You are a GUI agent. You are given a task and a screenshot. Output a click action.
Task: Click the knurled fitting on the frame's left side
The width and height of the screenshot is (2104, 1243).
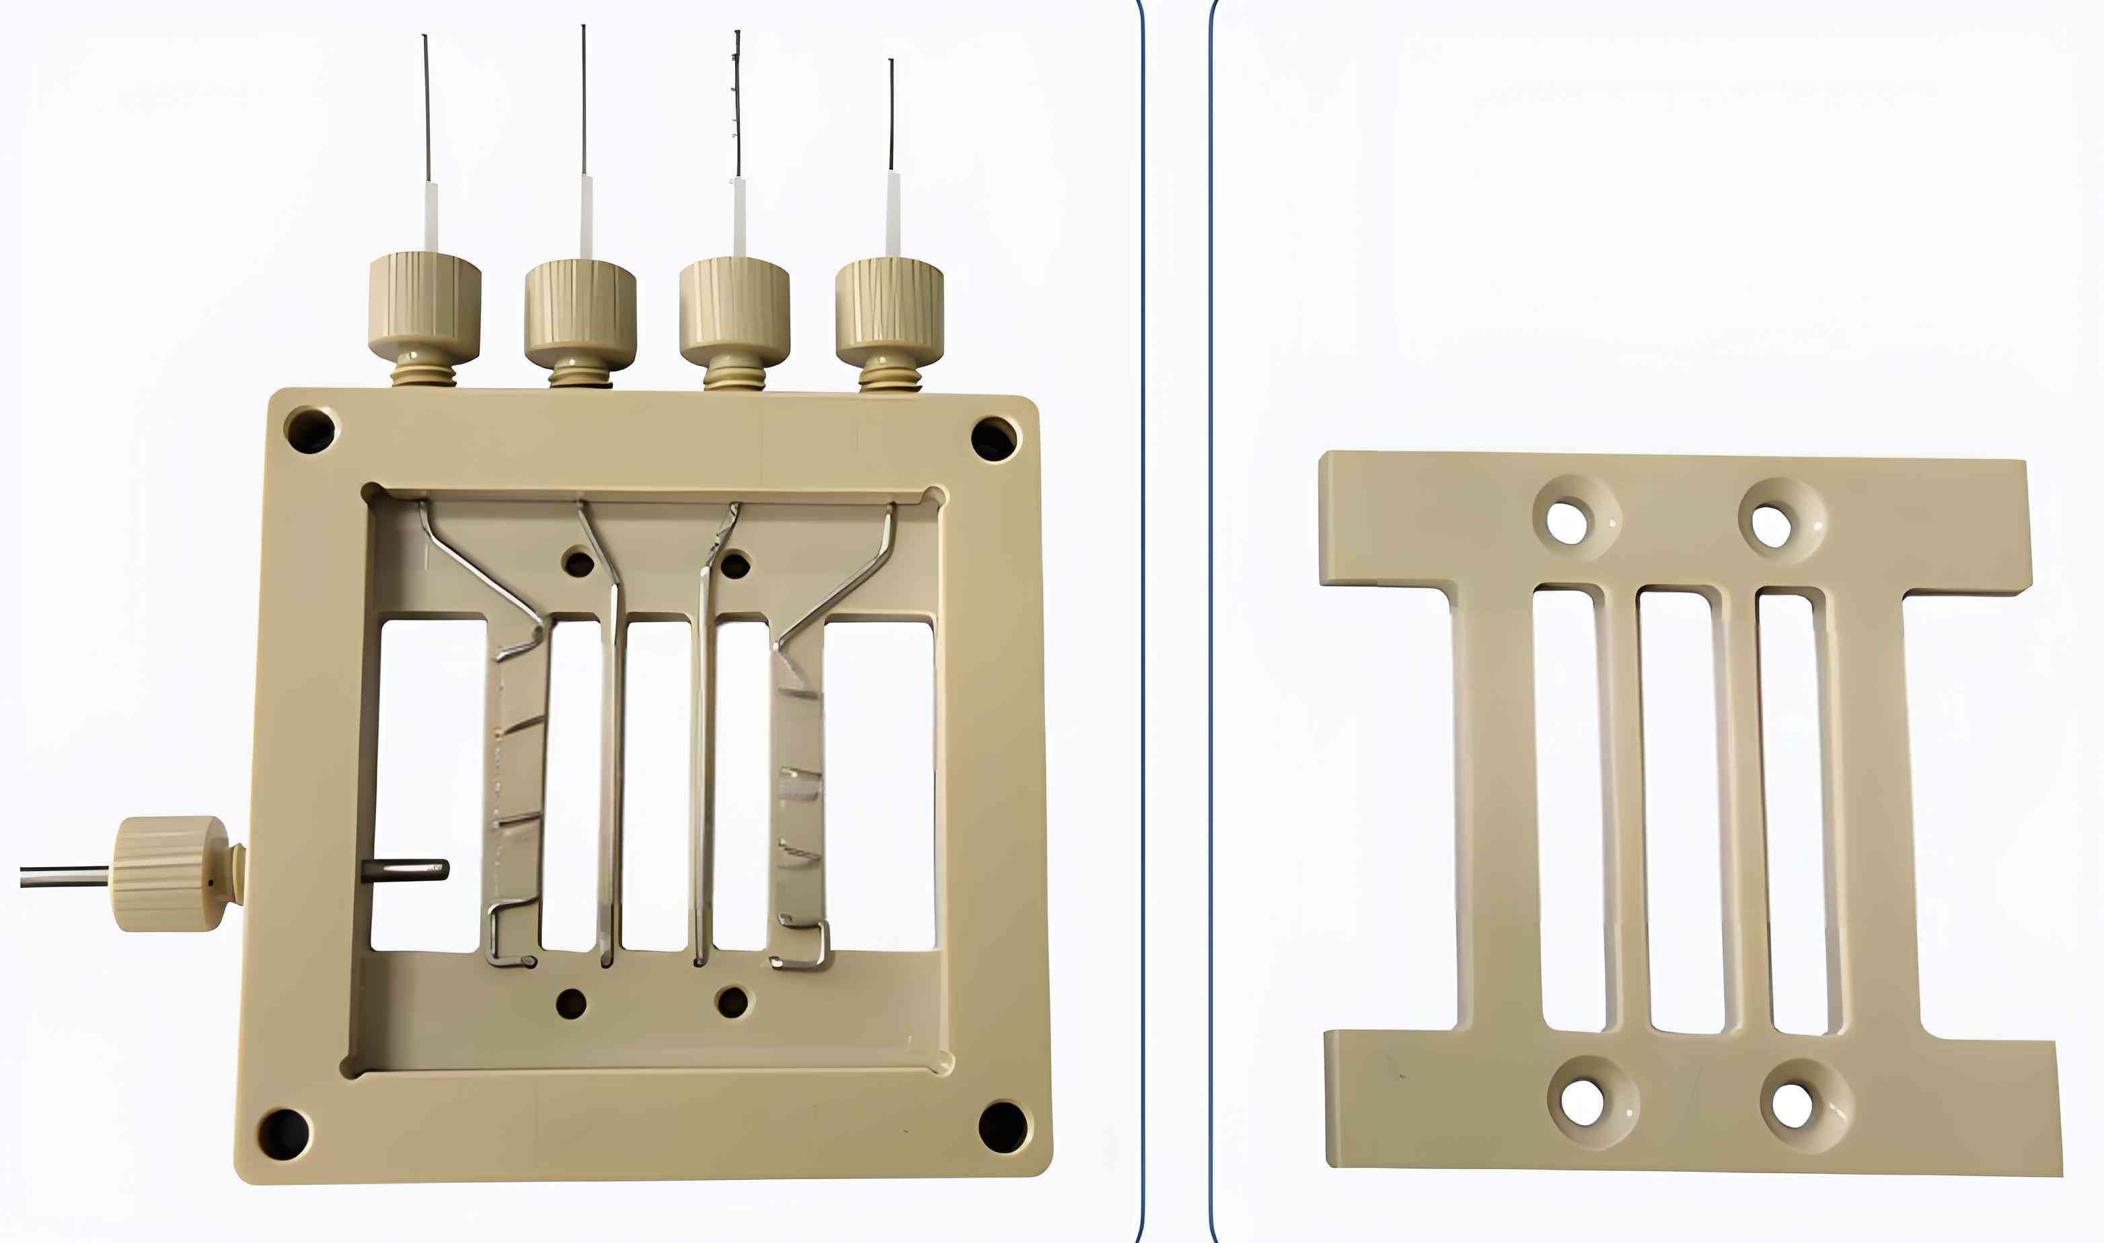coord(170,874)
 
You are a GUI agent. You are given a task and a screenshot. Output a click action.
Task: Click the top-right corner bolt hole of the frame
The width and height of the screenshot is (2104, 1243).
coord(994,439)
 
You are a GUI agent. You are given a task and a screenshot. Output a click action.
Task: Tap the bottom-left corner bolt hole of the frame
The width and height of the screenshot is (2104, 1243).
coord(283,1135)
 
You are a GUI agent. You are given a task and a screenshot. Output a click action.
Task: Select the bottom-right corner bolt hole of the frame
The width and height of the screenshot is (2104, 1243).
coord(1003,1127)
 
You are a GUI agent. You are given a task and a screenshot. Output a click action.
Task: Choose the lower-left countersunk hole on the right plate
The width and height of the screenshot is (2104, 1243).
coord(1582,1103)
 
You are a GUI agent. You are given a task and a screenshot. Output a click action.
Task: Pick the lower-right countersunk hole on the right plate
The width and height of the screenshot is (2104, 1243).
coord(1793,1106)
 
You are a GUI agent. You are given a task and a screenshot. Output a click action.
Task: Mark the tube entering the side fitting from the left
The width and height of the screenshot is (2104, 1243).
coord(63,877)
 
